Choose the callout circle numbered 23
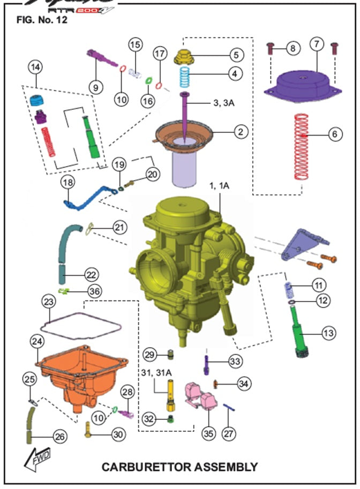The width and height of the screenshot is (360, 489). point(49,302)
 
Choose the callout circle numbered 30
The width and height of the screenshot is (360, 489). point(118,434)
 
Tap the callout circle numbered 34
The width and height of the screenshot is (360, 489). point(244,383)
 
